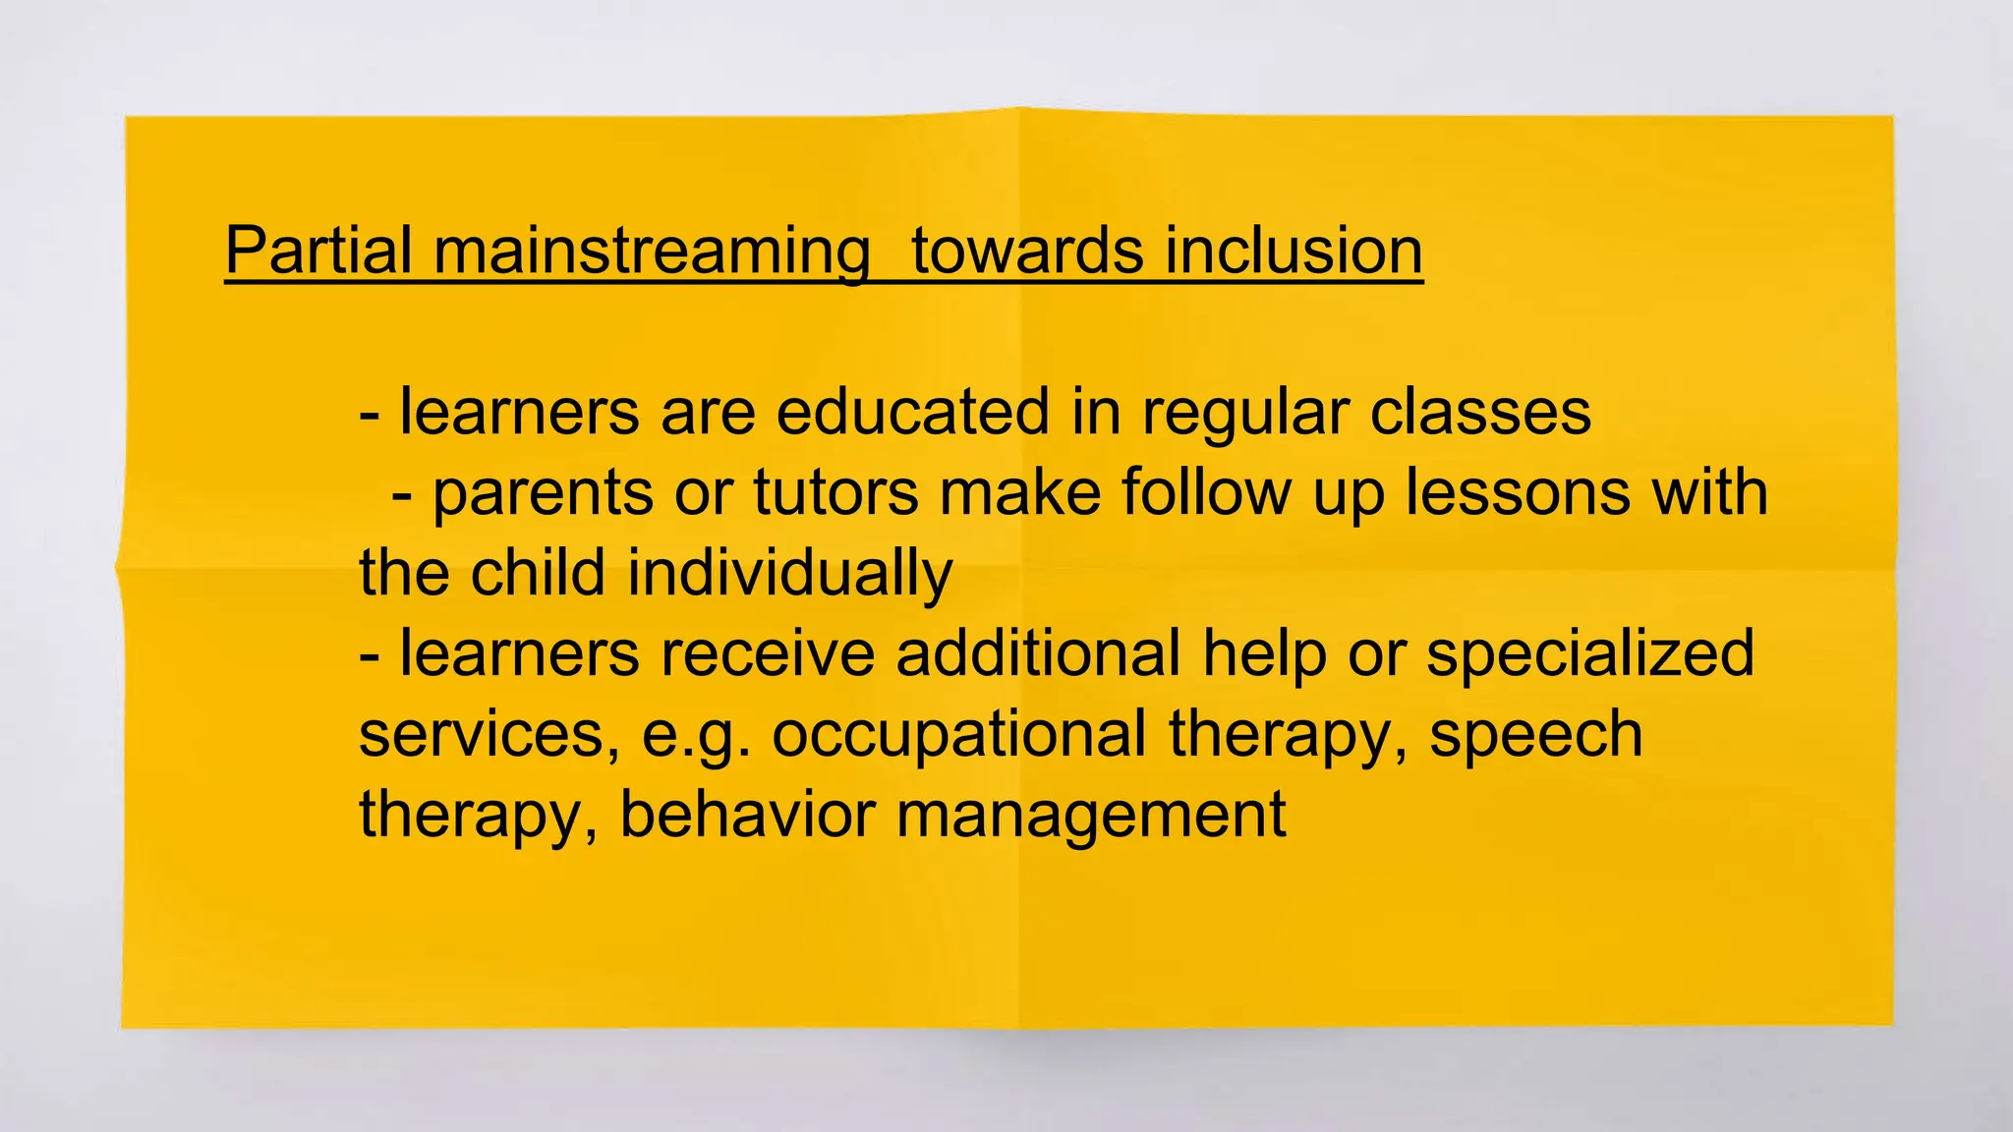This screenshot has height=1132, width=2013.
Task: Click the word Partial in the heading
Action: tap(317, 251)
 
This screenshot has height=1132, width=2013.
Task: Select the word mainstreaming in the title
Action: tap(652, 253)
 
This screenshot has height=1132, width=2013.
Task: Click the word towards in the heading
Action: tap(1027, 251)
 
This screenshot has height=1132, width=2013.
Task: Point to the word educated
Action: tap(913, 412)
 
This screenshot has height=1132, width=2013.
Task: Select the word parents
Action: tap(543, 494)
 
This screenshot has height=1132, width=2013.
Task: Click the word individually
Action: tap(790, 575)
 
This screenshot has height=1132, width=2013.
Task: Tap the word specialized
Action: tap(1589, 655)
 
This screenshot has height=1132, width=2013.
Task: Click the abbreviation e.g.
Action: tap(696, 736)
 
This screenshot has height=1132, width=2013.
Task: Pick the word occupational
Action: tap(959, 736)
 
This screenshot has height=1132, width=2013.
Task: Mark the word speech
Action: tap(1535, 736)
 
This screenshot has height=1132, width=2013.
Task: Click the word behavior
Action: tap(747, 815)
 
